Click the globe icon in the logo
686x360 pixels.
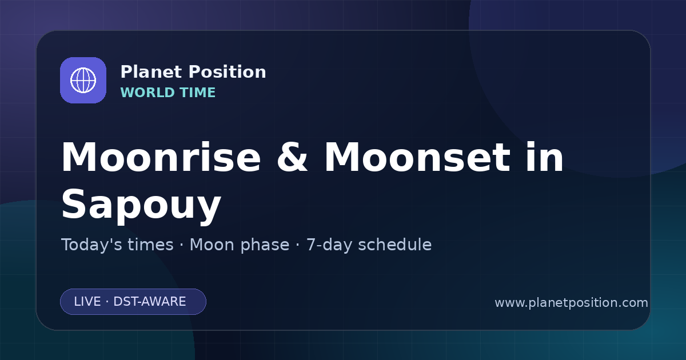(83, 80)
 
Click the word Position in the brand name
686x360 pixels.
(228, 72)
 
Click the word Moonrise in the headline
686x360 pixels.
(161, 157)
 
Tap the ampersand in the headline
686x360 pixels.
(292, 157)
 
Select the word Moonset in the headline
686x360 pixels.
(417, 157)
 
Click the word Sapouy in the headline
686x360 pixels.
(141, 205)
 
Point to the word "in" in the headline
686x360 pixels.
(544, 157)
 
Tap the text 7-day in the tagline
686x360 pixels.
(330, 245)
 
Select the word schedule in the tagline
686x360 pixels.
(395, 245)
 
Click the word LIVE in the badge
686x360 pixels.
(87, 302)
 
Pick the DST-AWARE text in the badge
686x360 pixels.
(149, 302)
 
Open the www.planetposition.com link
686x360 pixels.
(572, 303)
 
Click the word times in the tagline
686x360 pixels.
(151, 245)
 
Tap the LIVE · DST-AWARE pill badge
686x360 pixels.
(133, 302)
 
